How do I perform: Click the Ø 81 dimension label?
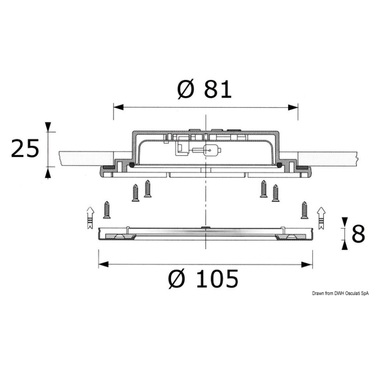[204, 89]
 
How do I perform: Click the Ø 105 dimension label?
[203, 279]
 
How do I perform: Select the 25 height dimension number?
[25, 148]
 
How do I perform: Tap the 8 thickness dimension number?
[358, 234]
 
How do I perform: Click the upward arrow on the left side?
[90, 218]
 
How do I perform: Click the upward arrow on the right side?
[321, 218]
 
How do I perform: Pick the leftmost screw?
[107, 209]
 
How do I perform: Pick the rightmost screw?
[305, 210]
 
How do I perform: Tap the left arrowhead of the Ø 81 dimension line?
[118, 107]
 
